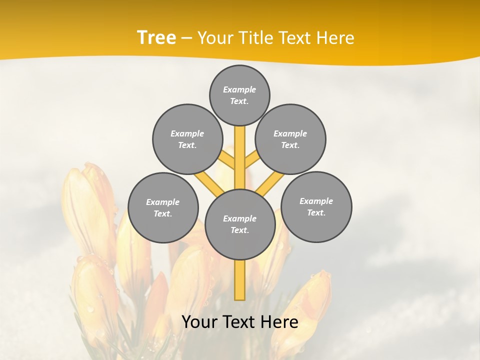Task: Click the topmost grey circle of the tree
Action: coord(239,95)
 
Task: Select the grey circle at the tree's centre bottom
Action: coord(240,224)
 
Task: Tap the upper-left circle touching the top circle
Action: coord(187,139)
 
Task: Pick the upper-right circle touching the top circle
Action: coord(290,139)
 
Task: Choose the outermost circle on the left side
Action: coord(163,207)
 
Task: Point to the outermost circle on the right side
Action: coord(316,206)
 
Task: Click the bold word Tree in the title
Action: coord(156,37)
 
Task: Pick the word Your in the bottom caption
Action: coord(199,322)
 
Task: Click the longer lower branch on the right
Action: coord(270,184)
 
